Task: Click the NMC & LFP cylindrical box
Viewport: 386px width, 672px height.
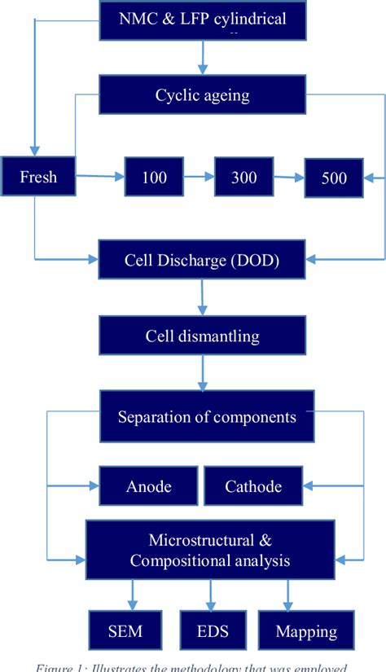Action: click(x=202, y=20)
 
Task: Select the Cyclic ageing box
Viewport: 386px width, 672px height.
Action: click(x=202, y=94)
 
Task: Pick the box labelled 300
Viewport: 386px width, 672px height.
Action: click(x=243, y=176)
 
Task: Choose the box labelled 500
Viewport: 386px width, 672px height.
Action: click(x=334, y=177)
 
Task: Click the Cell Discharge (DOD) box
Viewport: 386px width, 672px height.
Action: click(x=202, y=261)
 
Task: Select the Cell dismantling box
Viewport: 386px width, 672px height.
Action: click(x=202, y=336)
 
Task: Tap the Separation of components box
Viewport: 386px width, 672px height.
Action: click(x=206, y=417)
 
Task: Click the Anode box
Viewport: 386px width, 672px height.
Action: click(x=148, y=486)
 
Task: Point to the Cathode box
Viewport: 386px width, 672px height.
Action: click(x=253, y=486)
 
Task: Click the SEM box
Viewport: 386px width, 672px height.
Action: click(x=124, y=631)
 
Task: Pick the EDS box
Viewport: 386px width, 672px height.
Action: click(x=214, y=631)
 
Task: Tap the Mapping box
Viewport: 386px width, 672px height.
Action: click(x=305, y=631)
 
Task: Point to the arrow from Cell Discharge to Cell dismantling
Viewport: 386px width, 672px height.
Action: click(x=202, y=299)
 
